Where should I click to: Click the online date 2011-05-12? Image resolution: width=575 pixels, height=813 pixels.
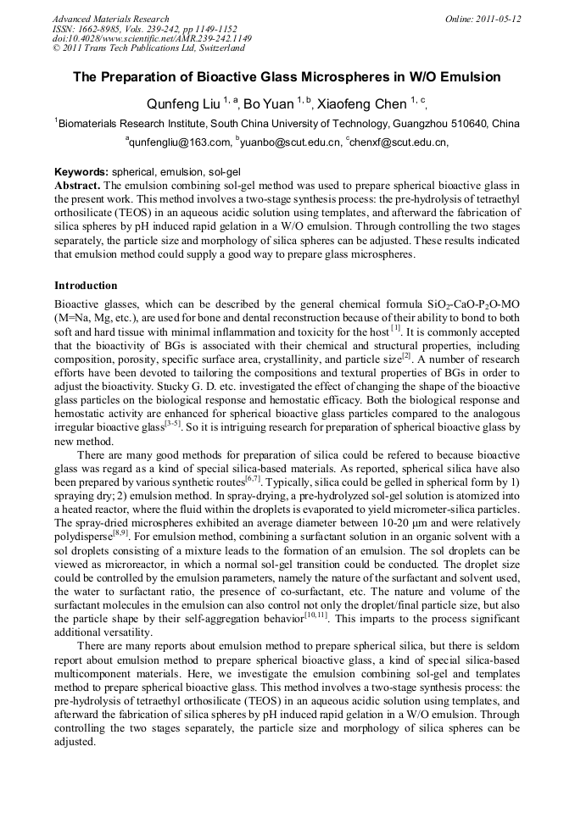(502, 19)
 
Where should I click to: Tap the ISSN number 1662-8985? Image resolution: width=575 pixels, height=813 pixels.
(96, 29)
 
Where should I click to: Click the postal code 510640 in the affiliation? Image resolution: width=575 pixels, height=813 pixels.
(472, 124)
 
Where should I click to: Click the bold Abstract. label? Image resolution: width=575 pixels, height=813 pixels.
(78, 185)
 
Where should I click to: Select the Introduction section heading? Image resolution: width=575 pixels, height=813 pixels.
(86, 286)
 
